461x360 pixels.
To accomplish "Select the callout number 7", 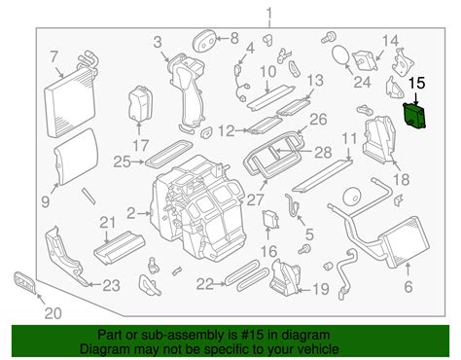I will click(55, 56).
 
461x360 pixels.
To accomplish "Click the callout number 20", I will click(53, 312).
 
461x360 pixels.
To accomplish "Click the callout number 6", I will click(408, 285).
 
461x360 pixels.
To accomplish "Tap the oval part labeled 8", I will click(202, 38).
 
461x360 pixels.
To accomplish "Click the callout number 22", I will click(203, 283).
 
